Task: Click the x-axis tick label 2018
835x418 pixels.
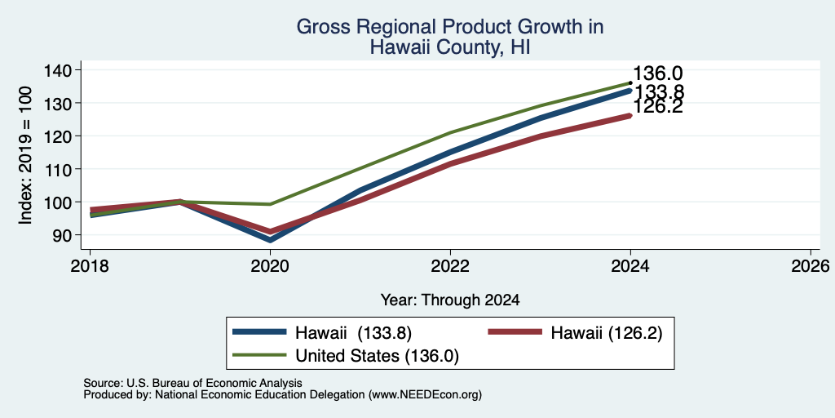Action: point(90,265)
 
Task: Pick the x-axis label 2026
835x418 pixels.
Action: point(811,265)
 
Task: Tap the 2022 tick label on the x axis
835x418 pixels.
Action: point(450,265)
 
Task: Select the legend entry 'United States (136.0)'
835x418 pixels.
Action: point(377,356)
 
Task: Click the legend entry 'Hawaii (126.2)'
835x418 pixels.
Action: point(607,333)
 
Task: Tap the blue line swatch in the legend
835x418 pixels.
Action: point(259,331)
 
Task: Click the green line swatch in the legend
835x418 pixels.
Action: point(259,354)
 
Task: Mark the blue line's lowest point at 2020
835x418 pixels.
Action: point(271,241)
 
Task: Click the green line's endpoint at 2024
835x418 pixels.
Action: point(630,82)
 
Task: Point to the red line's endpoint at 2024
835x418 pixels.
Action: point(630,115)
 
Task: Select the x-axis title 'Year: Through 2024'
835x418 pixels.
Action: point(450,300)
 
